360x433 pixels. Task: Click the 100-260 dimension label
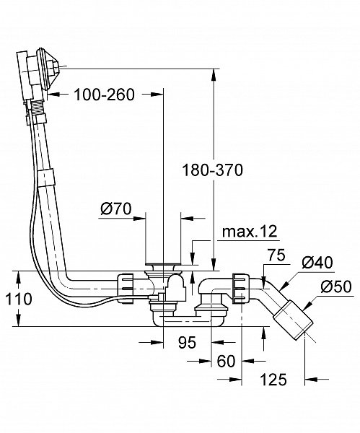104,95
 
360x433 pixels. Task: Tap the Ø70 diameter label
115,209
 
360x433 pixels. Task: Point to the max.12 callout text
249,232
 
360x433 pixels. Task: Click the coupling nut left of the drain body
125,284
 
